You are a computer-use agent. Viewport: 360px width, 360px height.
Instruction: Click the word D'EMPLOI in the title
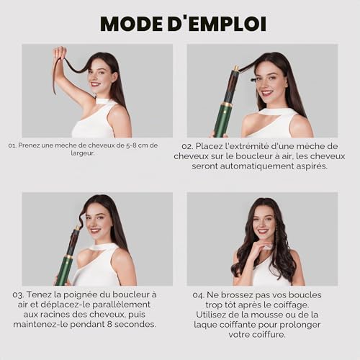pyautogui.click(x=217, y=24)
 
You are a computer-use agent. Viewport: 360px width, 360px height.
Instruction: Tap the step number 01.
pyautogui.click(x=12, y=145)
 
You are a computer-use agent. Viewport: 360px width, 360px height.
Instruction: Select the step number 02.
pyautogui.click(x=187, y=146)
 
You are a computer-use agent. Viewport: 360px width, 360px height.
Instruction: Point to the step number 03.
pyautogui.click(x=18, y=294)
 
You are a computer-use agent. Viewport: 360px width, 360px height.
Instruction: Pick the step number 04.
pyautogui.click(x=199, y=295)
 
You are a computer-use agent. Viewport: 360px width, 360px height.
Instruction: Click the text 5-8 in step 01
pyautogui.click(x=131, y=145)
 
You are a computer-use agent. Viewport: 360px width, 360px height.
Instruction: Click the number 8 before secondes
pyautogui.click(x=109, y=324)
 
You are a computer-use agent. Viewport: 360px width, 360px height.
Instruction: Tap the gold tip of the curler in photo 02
pyautogui.click(x=236, y=68)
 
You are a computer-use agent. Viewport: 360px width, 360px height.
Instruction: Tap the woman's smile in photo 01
pyautogui.click(x=95, y=84)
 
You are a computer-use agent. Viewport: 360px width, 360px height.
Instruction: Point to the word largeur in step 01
pyautogui.click(x=83, y=153)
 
